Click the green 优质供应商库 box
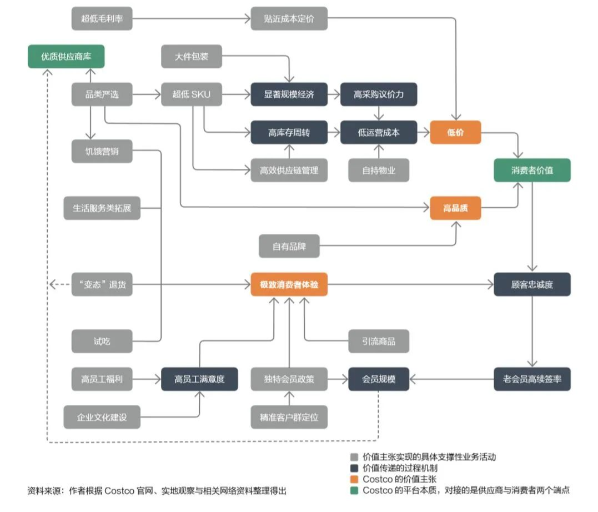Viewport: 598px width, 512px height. pyautogui.click(x=66, y=56)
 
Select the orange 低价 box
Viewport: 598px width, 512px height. pyautogui.click(x=455, y=133)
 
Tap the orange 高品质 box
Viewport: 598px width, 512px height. pyautogui.click(x=455, y=209)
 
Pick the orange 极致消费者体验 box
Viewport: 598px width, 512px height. pyautogui.click(x=289, y=285)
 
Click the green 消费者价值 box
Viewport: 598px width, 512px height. pyautogui.click(x=532, y=170)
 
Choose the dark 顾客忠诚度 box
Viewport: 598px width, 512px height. pyautogui.click(x=532, y=285)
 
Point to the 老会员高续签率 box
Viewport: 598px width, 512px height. pyautogui.click(x=532, y=379)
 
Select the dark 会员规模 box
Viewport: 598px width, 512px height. pyautogui.click(x=379, y=379)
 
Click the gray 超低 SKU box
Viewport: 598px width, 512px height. pyautogui.click(x=191, y=94)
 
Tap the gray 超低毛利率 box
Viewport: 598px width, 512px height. pyautogui.click(x=102, y=18)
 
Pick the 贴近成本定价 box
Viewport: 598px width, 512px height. pyautogui.click(x=289, y=18)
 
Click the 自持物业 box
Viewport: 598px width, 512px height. pyautogui.click(x=379, y=170)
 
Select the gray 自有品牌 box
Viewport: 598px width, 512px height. pyautogui.click(x=289, y=246)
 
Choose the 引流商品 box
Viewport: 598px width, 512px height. pyautogui.click(x=379, y=342)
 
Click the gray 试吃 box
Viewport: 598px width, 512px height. pyautogui.click(x=102, y=342)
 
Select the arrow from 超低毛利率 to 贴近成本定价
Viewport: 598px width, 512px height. pyautogui.click(x=192, y=18)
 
